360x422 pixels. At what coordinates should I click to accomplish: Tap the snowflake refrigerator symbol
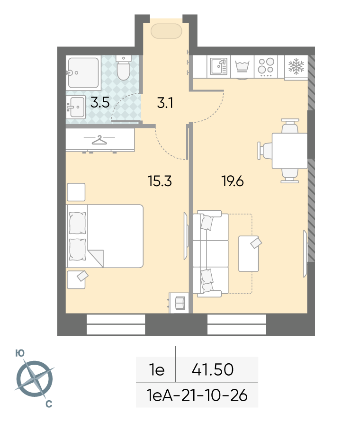click(x=296, y=66)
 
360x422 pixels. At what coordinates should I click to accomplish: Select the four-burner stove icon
click(x=266, y=66)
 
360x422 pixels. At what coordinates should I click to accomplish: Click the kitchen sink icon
click(x=219, y=66)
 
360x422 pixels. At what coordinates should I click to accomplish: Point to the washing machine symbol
click(x=243, y=66)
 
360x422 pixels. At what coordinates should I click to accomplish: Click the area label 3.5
click(x=100, y=102)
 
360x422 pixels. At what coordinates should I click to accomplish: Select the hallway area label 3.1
click(x=165, y=103)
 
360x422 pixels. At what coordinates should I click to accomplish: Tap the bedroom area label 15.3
click(x=160, y=181)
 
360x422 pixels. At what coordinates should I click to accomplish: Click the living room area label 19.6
click(x=233, y=181)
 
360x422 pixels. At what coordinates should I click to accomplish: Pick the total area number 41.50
click(x=213, y=369)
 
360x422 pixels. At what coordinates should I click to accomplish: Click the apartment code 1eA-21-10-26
click(x=197, y=395)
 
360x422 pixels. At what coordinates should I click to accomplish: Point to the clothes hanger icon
click(x=99, y=140)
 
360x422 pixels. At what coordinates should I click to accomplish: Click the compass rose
click(x=34, y=379)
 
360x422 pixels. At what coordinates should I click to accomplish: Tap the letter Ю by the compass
click(x=20, y=353)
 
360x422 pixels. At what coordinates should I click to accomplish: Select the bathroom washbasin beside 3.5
click(x=76, y=107)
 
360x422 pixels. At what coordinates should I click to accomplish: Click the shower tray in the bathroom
click(x=83, y=72)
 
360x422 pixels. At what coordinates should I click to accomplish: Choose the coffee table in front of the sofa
click(x=249, y=253)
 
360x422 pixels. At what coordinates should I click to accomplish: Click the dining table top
click(x=290, y=151)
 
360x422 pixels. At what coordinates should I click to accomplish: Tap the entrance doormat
click(x=166, y=31)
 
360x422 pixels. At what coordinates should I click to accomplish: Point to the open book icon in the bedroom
click(x=180, y=303)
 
